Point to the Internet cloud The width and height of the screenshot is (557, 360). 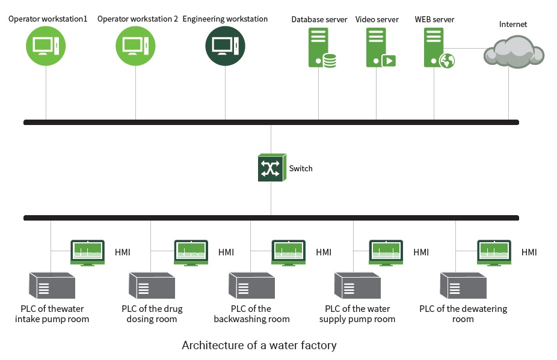513,51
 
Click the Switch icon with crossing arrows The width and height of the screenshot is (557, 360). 271,168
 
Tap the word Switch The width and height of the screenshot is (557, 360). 301,168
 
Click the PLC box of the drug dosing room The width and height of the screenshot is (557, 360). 152,285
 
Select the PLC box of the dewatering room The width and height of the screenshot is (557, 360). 463,285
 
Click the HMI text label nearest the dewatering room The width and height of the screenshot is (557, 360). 529,252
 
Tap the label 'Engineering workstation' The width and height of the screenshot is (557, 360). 225,19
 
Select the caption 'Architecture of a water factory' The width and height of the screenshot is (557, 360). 259,346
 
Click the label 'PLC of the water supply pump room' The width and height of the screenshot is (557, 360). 357,314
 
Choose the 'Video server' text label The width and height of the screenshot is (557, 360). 377,20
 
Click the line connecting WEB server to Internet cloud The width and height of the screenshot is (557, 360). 469,48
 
